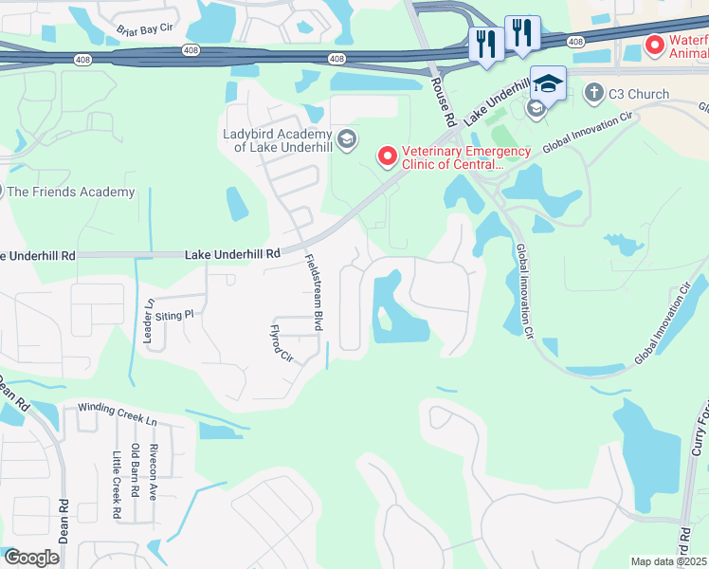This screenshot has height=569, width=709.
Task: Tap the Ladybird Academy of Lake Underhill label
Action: click(x=277, y=140)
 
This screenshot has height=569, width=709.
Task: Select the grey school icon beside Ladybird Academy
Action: click(x=346, y=140)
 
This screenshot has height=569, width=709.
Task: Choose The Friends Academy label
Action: click(x=71, y=193)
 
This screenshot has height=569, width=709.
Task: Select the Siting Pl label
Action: click(x=174, y=314)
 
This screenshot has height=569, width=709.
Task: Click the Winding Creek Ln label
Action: click(x=117, y=408)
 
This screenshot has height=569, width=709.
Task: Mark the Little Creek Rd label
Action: click(x=118, y=486)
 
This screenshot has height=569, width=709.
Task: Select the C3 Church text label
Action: click(x=638, y=94)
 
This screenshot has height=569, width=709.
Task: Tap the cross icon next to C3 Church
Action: click(x=593, y=93)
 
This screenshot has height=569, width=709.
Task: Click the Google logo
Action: click(x=32, y=558)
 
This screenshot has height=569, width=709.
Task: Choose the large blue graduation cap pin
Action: click(x=548, y=83)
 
